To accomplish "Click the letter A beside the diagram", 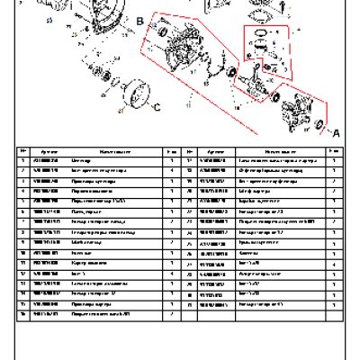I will coord(336,131).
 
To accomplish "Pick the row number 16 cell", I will coord(22,314).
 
